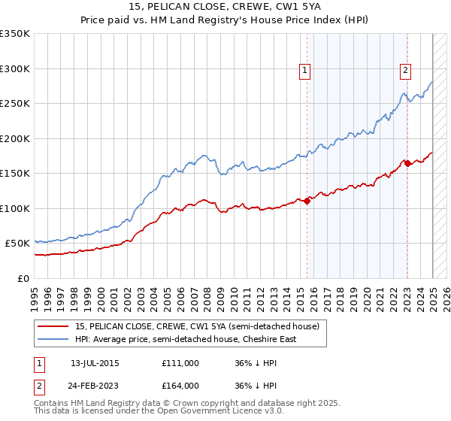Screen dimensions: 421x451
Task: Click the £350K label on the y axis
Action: tap(15, 34)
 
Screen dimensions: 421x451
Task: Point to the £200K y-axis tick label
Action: tap(15, 138)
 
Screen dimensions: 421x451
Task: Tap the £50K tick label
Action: tap(17, 244)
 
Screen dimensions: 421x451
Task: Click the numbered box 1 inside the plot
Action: tap(305, 71)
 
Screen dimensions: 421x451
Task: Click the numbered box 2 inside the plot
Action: tap(405, 71)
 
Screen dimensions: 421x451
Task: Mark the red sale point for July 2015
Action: tap(307, 201)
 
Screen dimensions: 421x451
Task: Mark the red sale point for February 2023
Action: tap(407, 163)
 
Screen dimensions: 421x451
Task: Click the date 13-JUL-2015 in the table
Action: tap(95, 363)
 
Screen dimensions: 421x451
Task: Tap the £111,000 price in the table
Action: tap(180, 363)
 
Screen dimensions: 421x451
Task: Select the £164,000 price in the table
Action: tap(180, 386)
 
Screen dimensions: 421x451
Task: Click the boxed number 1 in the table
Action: tap(39, 363)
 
